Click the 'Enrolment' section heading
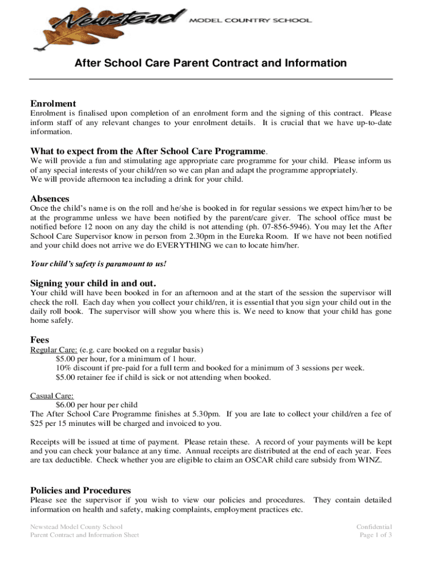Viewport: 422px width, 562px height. (x=53, y=104)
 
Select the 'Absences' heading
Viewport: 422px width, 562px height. (x=49, y=199)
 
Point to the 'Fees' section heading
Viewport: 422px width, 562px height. (x=40, y=340)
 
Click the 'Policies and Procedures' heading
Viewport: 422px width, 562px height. (x=81, y=490)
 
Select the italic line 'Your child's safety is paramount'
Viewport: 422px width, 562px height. (x=98, y=264)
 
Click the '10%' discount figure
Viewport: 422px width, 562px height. (x=64, y=368)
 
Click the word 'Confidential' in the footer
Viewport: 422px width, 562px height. (x=374, y=526)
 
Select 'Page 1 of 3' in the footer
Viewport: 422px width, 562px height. (x=376, y=535)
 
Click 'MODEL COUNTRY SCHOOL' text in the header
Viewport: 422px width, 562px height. (x=250, y=20)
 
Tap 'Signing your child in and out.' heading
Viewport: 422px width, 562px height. (x=93, y=284)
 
